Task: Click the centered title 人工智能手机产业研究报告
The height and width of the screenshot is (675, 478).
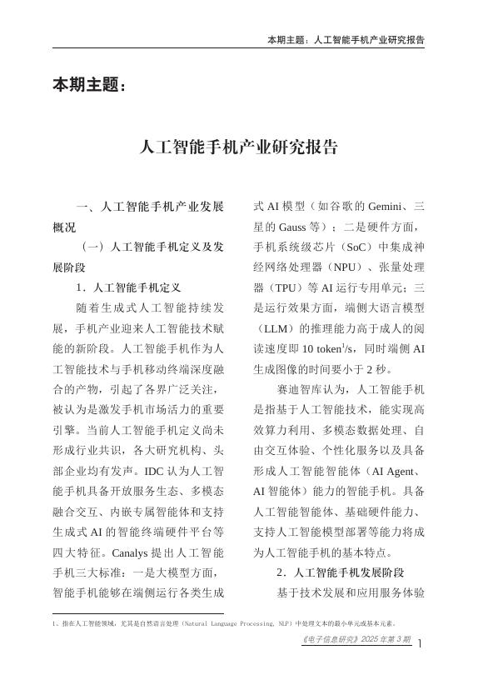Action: pyautogui.click(x=239, y=148)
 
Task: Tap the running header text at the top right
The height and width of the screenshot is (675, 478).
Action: pyautogui.click(x=346, y=39)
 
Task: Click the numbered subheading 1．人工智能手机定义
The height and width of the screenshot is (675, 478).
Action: pyautogui.click(x=128, y=287)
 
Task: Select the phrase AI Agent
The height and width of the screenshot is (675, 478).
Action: pyautogui.click(x=396, y=471)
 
